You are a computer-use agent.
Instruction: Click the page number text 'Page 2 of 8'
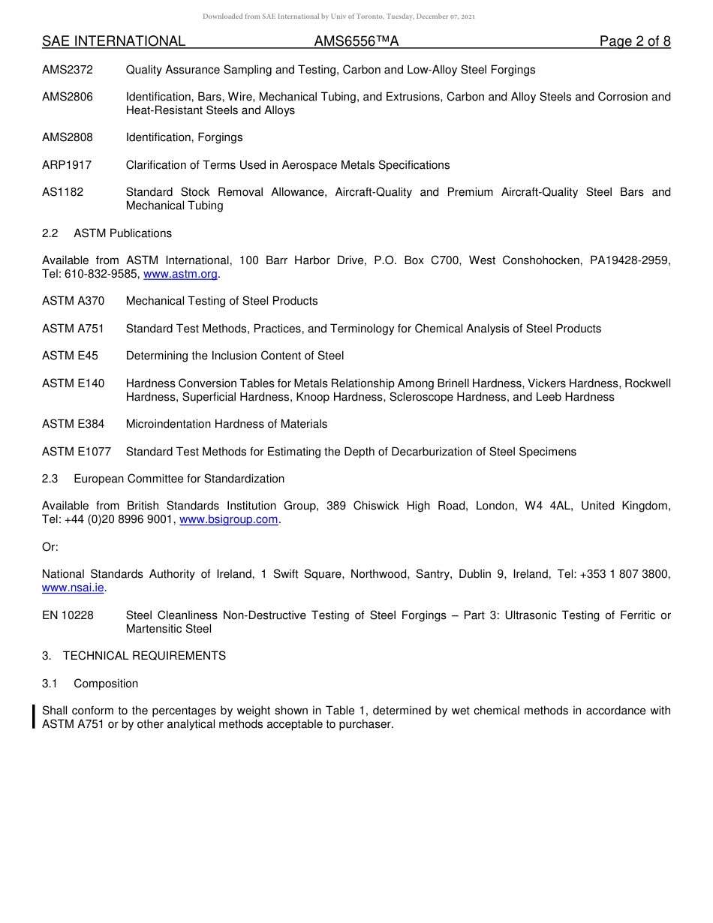(x=634, y=41)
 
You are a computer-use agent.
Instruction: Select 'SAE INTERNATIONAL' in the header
(x=113, y=41)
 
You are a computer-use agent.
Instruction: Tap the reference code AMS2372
(x=68, y=70)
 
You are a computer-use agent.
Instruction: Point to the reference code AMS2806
(x=68, y=97)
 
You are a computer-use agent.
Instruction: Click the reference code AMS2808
(x=68, y=137)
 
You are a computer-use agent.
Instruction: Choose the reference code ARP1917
(x=67, y=165)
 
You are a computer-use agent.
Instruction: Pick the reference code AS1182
(x=63, y=192)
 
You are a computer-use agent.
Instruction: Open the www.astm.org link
(x=180, y=275)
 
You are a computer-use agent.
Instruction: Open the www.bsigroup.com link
(x=229, y=520)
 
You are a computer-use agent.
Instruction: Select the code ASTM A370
(x=73, y=301)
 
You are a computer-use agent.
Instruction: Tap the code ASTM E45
(x=70, y=356)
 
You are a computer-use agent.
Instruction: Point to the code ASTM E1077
(x=77, y=452)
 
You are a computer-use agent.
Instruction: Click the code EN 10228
(x=68, y=615)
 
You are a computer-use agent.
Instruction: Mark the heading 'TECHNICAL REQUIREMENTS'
(x=144, y=656)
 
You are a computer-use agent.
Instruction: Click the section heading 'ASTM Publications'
(x=122, y=233)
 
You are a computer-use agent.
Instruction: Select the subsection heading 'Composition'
(x=106, y=684)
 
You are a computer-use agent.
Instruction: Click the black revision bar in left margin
(x=34, y=717)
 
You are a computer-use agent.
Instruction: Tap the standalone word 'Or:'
(x=50, y=547)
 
